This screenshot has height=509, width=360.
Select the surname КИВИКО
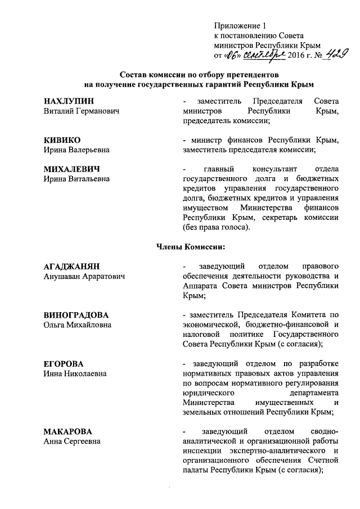[x=62, y=140]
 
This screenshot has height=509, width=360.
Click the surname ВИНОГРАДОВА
[x=76, y=315]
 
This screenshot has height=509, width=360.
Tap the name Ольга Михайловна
[x=78, y=325]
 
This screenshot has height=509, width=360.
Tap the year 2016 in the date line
[x=298, y=56]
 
